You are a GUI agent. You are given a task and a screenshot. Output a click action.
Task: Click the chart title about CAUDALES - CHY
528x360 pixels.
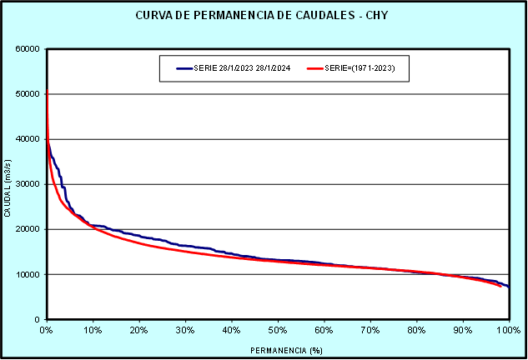coord(264,16)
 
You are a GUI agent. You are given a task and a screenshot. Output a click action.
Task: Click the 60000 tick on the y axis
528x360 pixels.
coord(28,49)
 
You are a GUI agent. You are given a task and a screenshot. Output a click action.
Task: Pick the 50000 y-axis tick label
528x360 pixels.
coord(28,94)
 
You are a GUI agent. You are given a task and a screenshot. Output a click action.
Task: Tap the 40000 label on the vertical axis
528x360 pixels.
coord(28,139)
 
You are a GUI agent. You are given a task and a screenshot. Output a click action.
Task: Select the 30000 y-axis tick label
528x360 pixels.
coord(28,184)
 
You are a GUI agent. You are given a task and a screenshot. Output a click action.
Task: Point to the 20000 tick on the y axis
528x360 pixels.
coord(28,229)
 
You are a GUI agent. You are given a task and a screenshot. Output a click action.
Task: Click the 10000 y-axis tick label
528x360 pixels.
coord(28,274)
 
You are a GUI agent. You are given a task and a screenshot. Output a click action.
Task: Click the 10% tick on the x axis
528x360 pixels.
coord(93,330)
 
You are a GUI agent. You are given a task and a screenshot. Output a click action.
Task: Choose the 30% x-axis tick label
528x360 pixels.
coord(185,330)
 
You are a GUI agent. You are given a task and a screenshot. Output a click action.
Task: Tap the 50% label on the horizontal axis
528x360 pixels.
coord(278,330)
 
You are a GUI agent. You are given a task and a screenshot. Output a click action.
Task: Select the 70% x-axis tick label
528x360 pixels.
coord(370,330)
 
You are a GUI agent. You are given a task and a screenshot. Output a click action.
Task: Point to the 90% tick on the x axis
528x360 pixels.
coord(463,330)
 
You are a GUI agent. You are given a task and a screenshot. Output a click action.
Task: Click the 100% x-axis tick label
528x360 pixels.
coord(507,330)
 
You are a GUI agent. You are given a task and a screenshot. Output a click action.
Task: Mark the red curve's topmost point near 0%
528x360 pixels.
coord(47,90)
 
